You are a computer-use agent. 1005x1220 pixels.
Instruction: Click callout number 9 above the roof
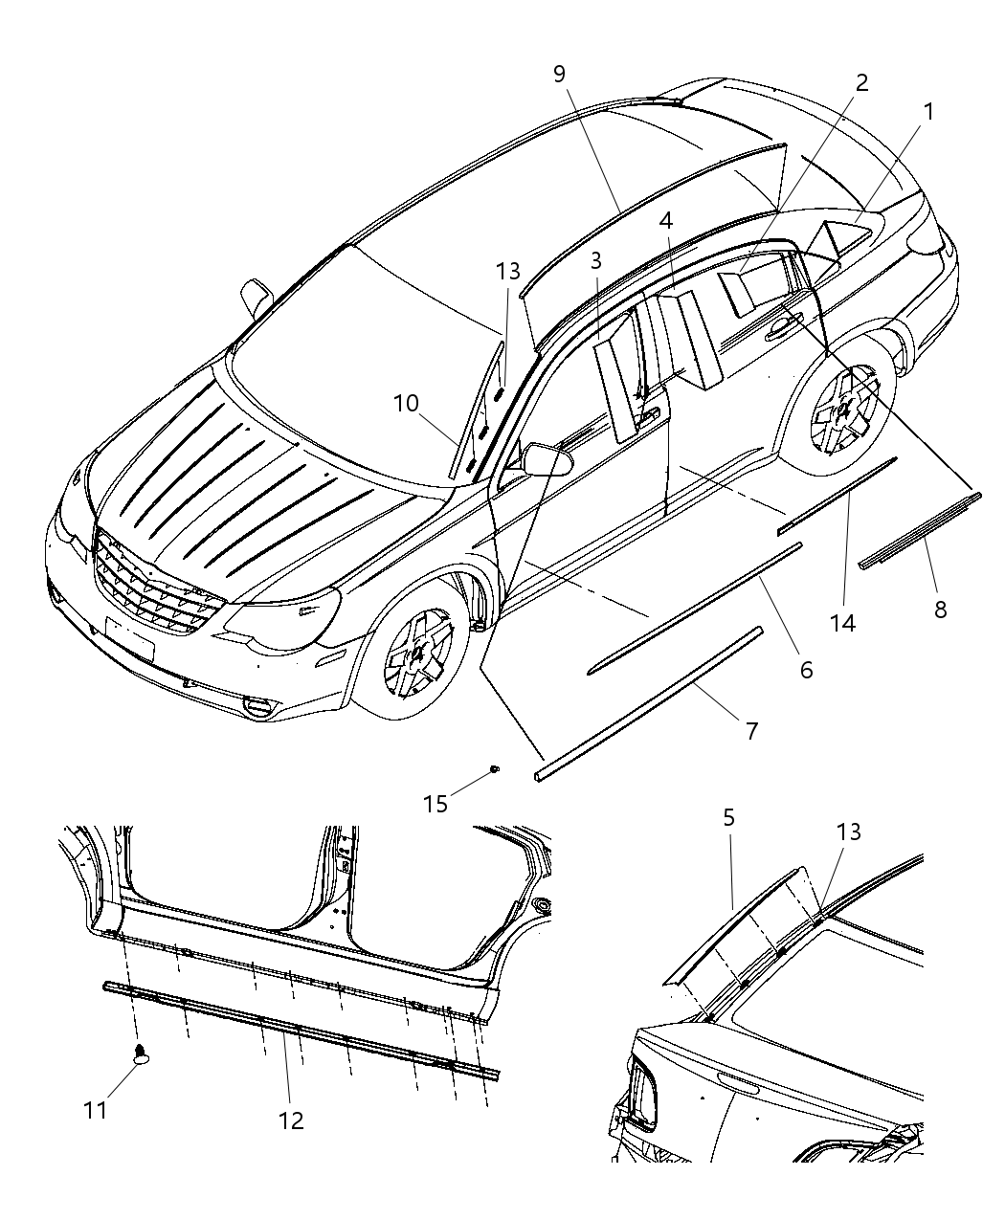[560, 75]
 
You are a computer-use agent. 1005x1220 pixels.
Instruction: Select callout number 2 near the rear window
[861, 82]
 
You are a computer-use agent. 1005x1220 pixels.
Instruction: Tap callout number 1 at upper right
[927, 112]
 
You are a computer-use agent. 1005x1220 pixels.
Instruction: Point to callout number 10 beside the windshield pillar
[406, 403]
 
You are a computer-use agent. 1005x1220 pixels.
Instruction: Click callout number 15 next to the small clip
[435, 803]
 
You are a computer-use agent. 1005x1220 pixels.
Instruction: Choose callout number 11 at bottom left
[95, 1110]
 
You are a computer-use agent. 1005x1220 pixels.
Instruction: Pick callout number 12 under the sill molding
[290, 1120]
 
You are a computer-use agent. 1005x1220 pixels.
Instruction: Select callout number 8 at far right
[940, 608]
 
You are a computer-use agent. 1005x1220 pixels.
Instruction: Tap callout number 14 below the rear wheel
[842, 623]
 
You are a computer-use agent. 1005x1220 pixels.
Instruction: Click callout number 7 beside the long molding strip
[751, 731]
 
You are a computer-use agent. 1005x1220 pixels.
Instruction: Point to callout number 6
[805, 670]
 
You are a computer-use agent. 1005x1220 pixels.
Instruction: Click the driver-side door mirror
[547, 459]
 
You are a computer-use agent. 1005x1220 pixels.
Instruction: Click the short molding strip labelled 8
[917, 531]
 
